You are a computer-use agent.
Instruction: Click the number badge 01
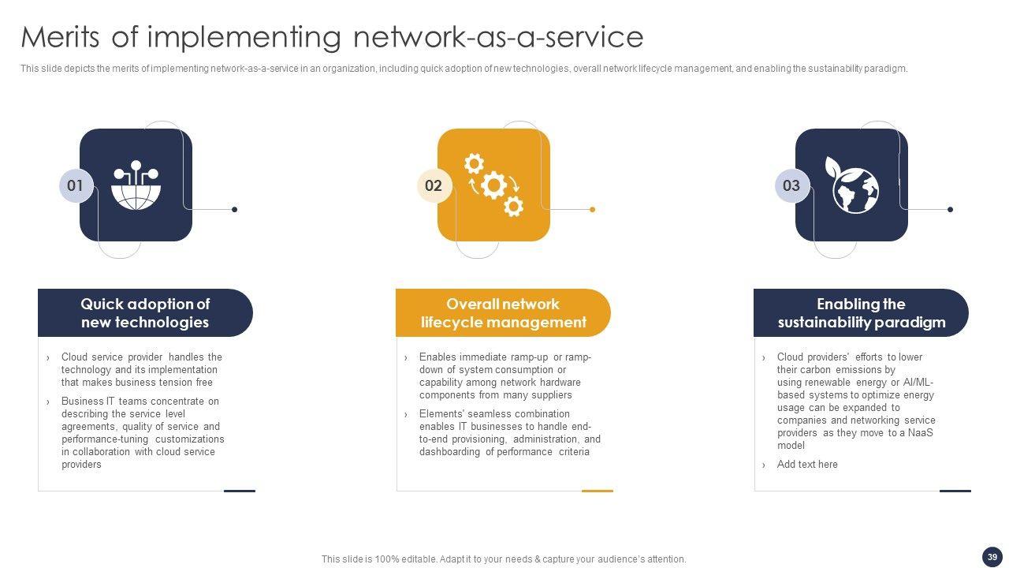pyautogui.click(x=76, y=186)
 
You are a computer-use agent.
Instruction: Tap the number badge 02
pyautogui.click(x=434, y=186)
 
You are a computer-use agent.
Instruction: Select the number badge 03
pyautogui.click(x=791, y=186)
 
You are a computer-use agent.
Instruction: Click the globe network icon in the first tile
pyautogui.click(x=136, y=186)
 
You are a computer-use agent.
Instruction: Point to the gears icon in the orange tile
pyautogui.click(x=494, y=185)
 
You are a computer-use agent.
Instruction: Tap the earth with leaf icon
pyautogui.click(x=854, y=186)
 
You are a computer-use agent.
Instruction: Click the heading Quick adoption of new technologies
pyautogui.click(x=145, y=313)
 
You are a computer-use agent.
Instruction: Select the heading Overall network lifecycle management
pyautogui.click(x=503, y=313)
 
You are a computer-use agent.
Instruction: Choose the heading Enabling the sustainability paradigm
pyautogui.click(x=861, y=313)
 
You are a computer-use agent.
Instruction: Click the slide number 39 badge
pyautogui.click(x=992, y=556)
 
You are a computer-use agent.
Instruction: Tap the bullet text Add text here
pyautogui.click(x=807, y=465)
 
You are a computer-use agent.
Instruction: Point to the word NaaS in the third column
pyautogui.click(x=921, y=433)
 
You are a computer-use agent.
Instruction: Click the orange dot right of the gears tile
pyautogui.click(x=592, y=210)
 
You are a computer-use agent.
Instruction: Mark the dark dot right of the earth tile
pyautogui.click(x=950, y=210)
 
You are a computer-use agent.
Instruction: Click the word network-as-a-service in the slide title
pyautogui.click(x=498, y=37)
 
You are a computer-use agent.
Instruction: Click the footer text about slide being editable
pyautogui.click(x=504, y=559)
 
